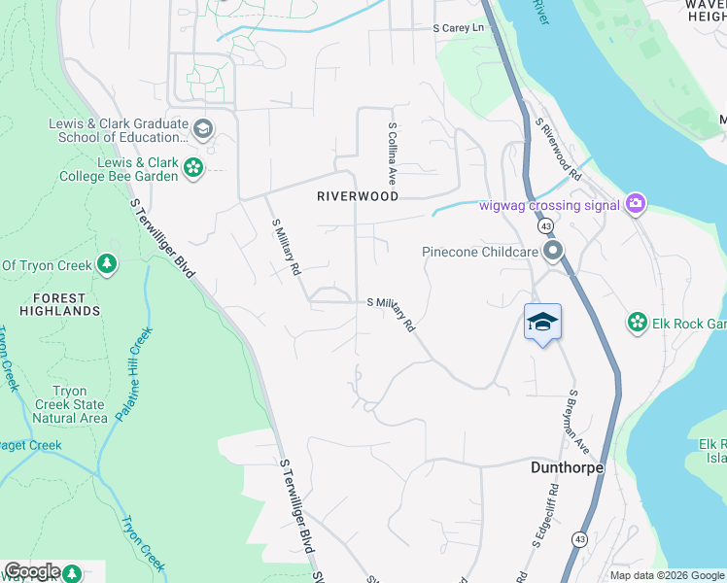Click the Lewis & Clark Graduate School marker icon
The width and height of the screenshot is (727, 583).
[203, 128]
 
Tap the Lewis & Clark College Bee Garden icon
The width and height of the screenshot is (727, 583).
[193, 167]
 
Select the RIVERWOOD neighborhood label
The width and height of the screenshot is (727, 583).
[358, 196]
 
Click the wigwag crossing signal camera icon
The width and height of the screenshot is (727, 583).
[637, 203]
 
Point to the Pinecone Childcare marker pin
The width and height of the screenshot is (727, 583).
[554, 253]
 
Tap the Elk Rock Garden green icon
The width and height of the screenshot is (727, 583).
[637, 323]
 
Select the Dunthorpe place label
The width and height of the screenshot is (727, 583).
[567, 467]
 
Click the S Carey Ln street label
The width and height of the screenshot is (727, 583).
[458, 29]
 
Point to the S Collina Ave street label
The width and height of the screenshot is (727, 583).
[393, 154]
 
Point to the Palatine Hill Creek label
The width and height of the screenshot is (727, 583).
[135, 373]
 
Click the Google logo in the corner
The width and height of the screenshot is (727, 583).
[31, 571]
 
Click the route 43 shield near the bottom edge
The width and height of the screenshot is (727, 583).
[579, 538]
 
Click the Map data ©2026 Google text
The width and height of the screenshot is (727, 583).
[666, 575]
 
